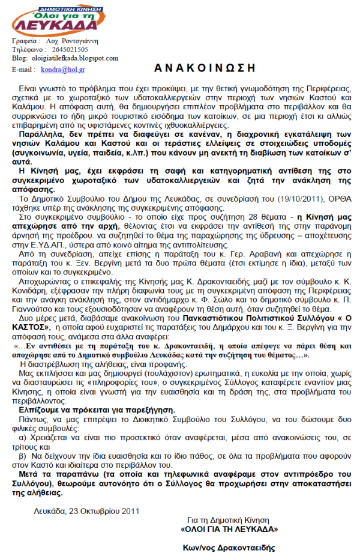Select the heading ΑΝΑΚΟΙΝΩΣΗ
tap(201, 67)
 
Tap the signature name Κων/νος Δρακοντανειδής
tap(229, 548)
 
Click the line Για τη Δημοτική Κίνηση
tap(229, 520)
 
